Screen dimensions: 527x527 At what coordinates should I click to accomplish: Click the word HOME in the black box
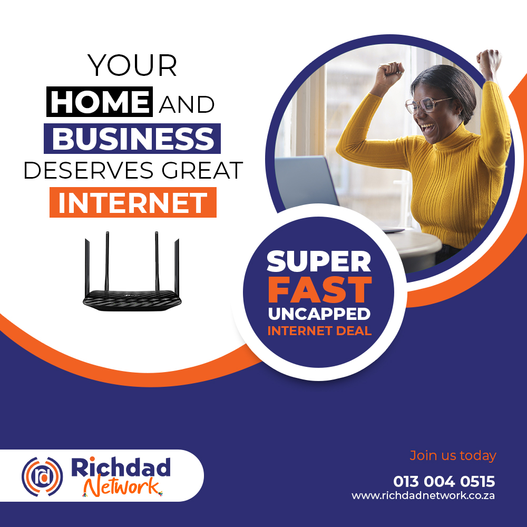[x=100, y=102]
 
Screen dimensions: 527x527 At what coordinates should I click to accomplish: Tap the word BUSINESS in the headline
[x=132, y=139]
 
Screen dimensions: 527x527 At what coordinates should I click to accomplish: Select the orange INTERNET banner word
[x=133, y=203]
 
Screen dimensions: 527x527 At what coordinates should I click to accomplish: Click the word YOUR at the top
[x=132, y=65]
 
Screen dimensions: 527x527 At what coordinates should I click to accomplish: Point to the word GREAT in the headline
[x=202, y=170]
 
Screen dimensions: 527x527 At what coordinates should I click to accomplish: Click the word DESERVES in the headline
[x=89, y=170]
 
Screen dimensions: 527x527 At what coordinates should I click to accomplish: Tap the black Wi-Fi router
[x=132, y=271]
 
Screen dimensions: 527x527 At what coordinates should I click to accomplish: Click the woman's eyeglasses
[x=427, y=105]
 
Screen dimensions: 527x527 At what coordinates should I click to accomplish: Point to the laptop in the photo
[x=306, y=181]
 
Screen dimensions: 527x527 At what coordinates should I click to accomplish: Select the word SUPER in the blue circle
[x=319, y=261]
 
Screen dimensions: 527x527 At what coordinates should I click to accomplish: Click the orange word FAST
[x=320, y=290]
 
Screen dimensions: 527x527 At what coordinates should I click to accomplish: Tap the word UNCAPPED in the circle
[x=319, y=314]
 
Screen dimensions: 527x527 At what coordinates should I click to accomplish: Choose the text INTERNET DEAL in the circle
[x=320, y=331]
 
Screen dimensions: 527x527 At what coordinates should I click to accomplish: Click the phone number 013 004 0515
[x=444, y=481]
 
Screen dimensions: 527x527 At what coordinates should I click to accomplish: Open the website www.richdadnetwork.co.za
[x=423, y=496]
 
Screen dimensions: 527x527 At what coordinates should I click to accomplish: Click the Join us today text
[x=453, y=456]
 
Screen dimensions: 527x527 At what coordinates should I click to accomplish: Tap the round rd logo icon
[x=42, y=476]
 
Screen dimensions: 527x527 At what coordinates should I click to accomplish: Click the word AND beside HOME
[x=187, y=104]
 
